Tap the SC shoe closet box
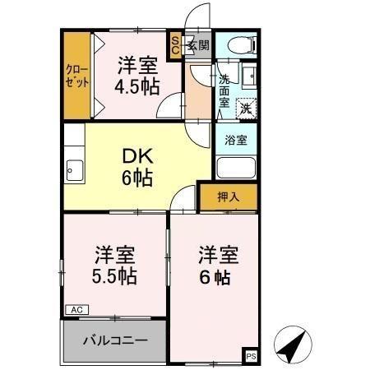point(175,45)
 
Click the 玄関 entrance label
point(197,46)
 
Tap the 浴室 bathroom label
point(236,140)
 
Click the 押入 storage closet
point(228,197)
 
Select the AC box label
point(76,310)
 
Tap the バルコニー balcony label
point(114,340)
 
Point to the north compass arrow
point(294,345)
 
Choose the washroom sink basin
point(250,77)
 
